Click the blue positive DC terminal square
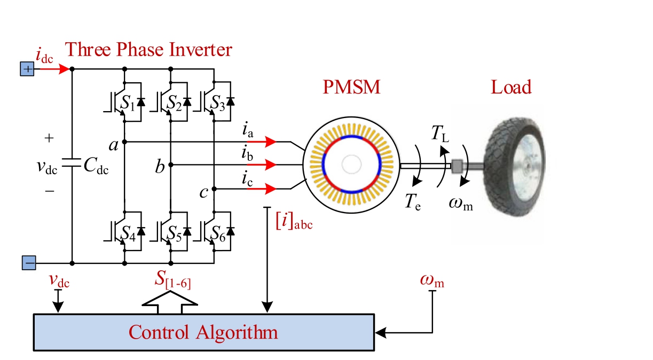[27, 69]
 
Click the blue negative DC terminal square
[29, 263]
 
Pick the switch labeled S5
[171, 231]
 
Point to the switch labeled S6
[216, 231]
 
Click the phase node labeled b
[171, 165]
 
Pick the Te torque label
[412, 201]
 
